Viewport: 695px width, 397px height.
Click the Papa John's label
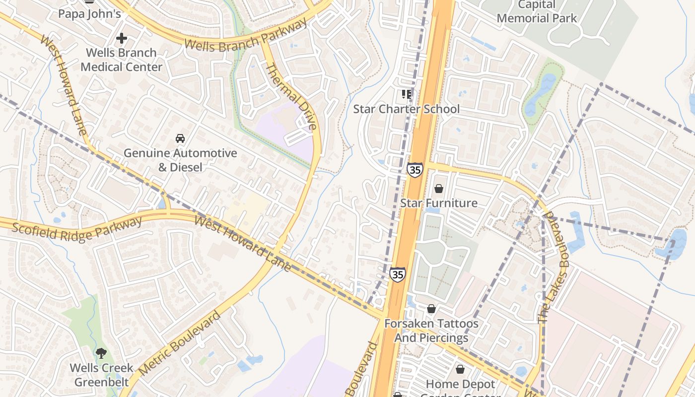[x=89, y=13]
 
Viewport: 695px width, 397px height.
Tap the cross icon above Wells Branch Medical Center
[x=122, y=38]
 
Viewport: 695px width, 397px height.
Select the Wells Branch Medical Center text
[x=122, y=60]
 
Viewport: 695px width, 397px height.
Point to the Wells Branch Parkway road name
[x=246, y=35]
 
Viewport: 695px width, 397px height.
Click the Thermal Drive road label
[x=291, y=97]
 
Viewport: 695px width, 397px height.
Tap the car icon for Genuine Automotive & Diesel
[x=180, y=138]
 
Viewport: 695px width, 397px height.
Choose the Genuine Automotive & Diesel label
[x=180, y=160]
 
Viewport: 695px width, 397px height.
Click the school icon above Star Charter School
[x=407, y=94]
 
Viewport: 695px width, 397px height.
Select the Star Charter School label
[x=407, y=109]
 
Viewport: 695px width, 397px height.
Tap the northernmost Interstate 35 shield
[x=415, y=170]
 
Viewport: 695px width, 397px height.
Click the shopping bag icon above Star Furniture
[x=438, y=189]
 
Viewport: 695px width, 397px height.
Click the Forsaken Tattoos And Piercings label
[x=431, y=331]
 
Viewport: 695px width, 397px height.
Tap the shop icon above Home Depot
[x=460, y=370]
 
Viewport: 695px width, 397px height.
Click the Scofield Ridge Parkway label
[x=77, y=229]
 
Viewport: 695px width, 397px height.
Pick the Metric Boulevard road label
[x=180, y=343]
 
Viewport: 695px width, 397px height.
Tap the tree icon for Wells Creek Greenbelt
[x=101, y=353]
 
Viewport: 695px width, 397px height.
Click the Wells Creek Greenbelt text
[x=101, y=375]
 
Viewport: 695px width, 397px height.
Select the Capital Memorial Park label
[x=537, y=12]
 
